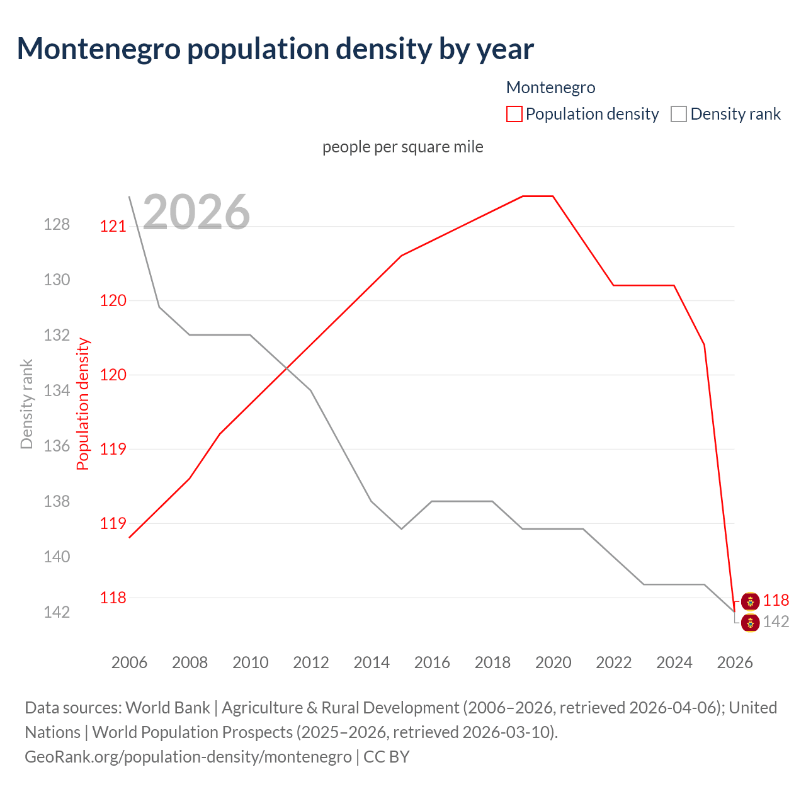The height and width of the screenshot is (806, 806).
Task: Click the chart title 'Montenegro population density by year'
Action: (x=275, y=49)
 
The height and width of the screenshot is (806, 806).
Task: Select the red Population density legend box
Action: (x=514, y=114)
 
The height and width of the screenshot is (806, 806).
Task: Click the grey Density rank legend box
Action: (x=678, y=114)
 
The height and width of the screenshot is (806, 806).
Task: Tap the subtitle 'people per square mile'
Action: (x=402, y=147)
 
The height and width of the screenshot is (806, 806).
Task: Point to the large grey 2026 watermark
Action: (x=196, y=212)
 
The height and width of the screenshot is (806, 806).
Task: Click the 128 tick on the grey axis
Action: (x=57, y=224)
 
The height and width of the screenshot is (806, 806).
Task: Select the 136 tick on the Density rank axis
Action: (x=57, y=446)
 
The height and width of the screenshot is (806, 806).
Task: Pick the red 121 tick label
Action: (x=113, y=226)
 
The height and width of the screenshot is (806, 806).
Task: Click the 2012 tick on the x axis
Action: (x=311, y=662)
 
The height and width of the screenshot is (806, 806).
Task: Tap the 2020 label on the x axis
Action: (x=553, y=662)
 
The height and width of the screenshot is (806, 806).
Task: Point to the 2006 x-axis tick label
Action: (x=129, y=662)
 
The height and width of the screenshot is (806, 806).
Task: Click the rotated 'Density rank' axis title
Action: (x=26, y=404)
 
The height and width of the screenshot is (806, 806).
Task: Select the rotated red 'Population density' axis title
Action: (x=83, y=404)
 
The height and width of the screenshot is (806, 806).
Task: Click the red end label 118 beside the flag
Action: (x=776, y=601)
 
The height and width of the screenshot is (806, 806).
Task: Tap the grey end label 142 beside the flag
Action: (x=776, y=622)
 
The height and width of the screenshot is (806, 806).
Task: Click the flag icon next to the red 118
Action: (x=750, y=601)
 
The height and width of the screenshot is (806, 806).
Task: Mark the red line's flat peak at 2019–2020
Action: (x=538, y=196)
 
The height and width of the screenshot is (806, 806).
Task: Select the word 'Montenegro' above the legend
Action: (x=550, y=88)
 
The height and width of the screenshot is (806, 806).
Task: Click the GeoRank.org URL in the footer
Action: (x=188, y=756)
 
